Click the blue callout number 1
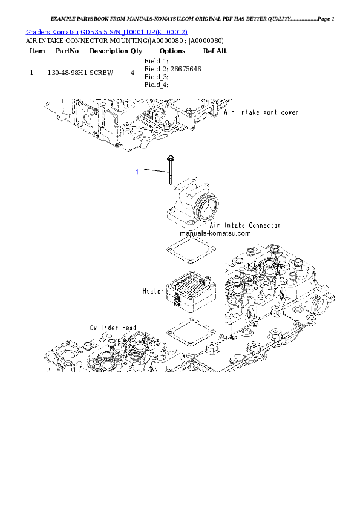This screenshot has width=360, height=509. pos(137,172)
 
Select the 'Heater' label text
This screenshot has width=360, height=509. pos(153,291)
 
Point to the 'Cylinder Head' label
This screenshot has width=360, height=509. pos(113,328)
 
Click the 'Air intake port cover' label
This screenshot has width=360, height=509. pos(261,112)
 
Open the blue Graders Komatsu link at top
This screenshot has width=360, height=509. pos(107,31)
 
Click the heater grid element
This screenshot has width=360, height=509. pos(192,290)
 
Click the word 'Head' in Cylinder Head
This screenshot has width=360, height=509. pos(127,328)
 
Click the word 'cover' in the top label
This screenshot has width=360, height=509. pos(287,112)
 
